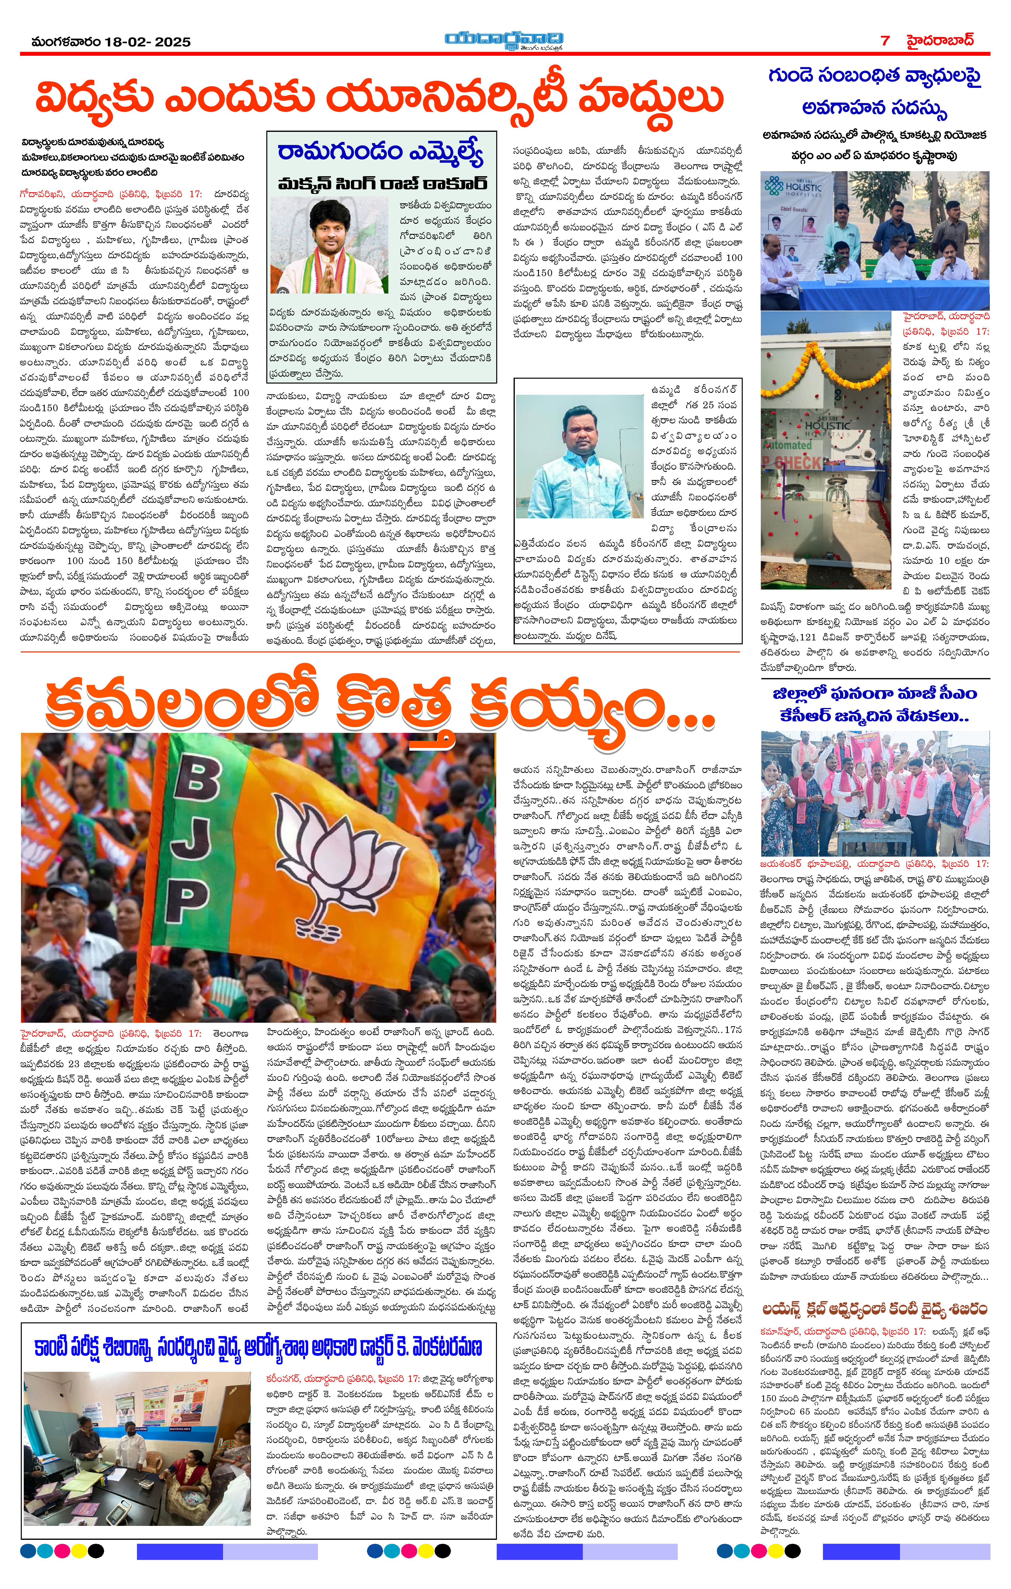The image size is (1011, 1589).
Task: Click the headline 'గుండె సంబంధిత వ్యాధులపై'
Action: pos(874,77)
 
